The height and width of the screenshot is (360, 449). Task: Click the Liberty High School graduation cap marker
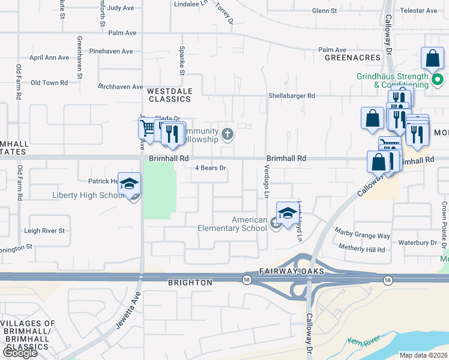pos(129,185)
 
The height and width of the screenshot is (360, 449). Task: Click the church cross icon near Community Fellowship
pos(228,134)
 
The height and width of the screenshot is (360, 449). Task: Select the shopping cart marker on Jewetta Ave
pos(148,127)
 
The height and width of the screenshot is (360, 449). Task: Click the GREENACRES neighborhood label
pos(352,58)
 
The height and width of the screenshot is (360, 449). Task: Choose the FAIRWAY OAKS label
pos(292,271)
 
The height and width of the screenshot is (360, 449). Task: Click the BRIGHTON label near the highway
pos(191,282)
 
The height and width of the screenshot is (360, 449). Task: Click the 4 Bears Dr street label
pos(210,169)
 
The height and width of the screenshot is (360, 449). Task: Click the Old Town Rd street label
pos(49,82)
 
